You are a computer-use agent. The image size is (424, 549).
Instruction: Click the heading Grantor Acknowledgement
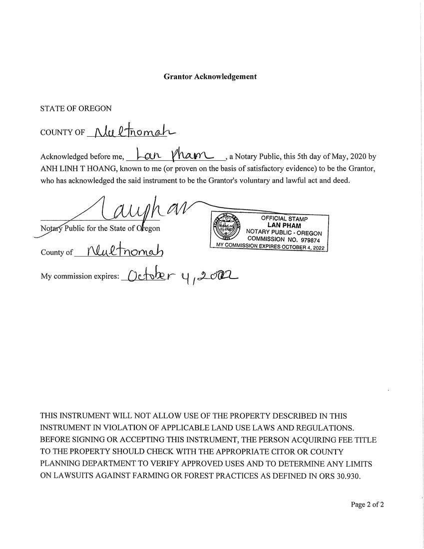(x=210, y=77)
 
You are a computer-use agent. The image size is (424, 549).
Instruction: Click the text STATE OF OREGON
(x=76, y=108)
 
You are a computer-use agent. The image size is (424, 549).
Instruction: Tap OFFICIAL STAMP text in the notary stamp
(x=284, y=219)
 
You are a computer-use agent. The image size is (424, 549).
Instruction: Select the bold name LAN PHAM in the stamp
(x=284, y=226)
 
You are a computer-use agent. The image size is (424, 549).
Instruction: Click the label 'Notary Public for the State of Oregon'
(x=100, y=229)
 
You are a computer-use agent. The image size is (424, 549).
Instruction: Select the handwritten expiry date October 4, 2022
(x=181, y=276)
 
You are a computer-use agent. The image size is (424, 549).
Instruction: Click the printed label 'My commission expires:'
(x=80, y=276)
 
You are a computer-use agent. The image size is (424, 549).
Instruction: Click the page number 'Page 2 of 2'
(x=367, y=505)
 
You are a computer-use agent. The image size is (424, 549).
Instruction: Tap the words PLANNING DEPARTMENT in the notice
(x=93, y=464)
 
